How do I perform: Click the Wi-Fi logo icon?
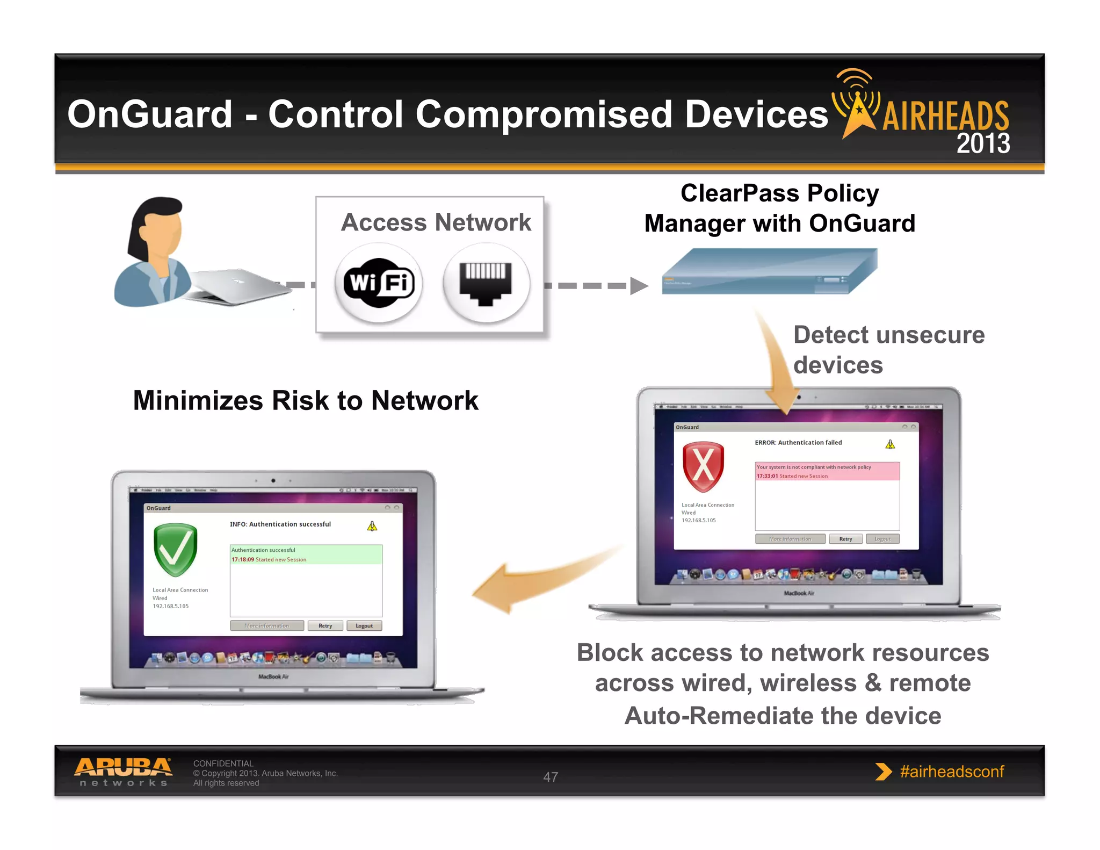379,283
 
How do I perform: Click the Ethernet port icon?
486,283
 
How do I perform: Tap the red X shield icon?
703,466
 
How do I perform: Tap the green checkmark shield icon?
175,550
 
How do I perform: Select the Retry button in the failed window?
845,539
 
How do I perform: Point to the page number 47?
551,777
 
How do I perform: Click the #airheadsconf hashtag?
951,772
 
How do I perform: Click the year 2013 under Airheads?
983,143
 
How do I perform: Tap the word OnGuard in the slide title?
150,114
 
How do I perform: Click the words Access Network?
436,222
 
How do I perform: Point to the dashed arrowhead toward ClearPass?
638,286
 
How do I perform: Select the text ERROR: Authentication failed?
798,443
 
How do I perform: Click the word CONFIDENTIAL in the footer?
223,763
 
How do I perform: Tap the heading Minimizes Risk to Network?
306,400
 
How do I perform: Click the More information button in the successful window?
267,626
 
